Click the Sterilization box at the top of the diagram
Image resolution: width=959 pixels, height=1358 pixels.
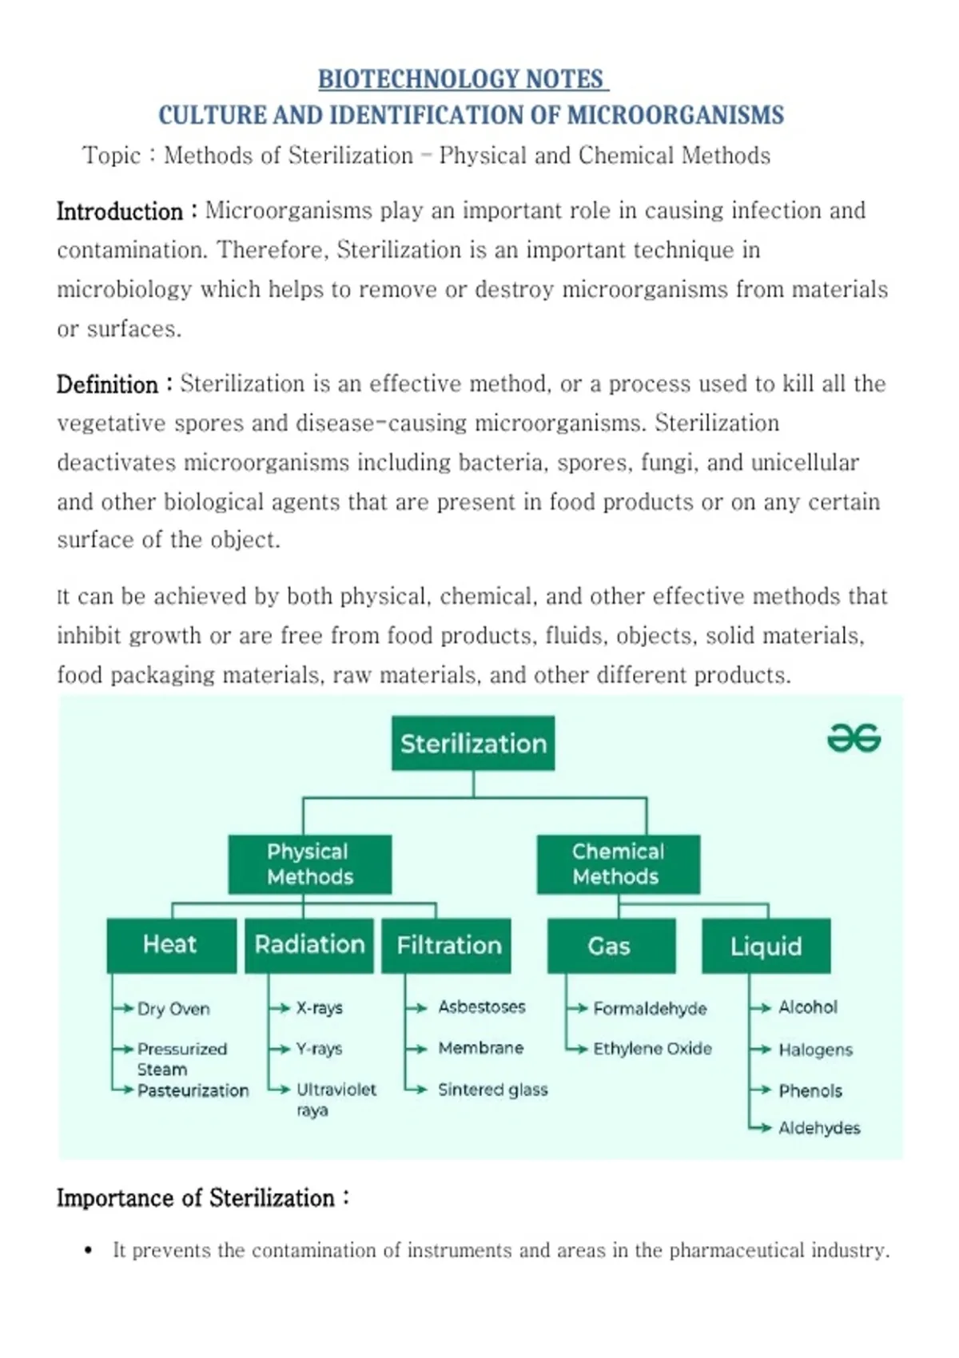click(472, 743)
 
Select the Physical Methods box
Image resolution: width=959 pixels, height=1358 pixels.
click(309, 864)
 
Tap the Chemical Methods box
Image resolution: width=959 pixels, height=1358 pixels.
click(618, 864)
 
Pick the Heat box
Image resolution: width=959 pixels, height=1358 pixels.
click(172, 945)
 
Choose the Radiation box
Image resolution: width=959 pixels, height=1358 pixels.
click(309, 945)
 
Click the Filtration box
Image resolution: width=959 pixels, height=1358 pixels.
click(446, 945)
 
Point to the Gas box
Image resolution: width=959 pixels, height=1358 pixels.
click(611, 945)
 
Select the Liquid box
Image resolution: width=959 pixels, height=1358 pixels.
click(766, 945)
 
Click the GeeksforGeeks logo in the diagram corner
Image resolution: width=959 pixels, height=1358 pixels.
click(854, 738)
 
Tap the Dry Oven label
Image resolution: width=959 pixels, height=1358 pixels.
click(173, 1009)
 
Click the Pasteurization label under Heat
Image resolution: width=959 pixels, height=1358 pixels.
click(193, 1090)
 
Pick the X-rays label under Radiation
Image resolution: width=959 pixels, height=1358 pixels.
click(319, 1008)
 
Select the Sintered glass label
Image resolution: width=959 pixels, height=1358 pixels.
click(492, 1090)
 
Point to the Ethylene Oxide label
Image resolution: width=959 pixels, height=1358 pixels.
click(652, 1049)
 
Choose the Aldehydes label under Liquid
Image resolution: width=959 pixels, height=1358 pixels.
click(819, 1128)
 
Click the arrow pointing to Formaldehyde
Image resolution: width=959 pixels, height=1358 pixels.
click(578, 1009)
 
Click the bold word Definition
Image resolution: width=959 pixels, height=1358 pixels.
click(107, 384)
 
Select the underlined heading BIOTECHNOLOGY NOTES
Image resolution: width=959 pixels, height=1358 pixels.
click(464, 79)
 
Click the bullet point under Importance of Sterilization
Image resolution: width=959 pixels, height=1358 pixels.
click(89, 1250)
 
